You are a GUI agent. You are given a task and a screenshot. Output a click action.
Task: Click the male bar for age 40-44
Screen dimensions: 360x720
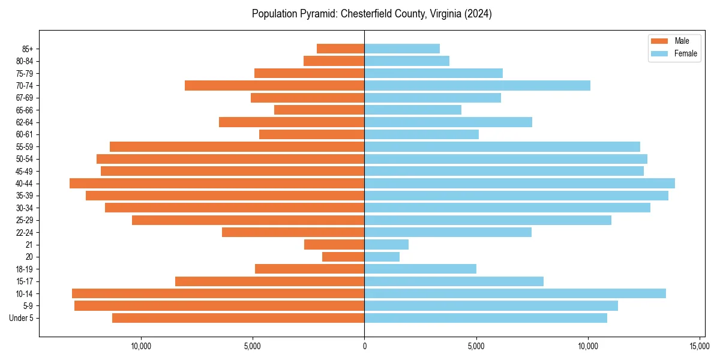(x=217, y=184)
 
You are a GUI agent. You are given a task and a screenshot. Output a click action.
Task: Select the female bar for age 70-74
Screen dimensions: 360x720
(x=477, y=85)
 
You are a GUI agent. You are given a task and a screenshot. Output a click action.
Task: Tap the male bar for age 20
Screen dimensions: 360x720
(x=343, y=257)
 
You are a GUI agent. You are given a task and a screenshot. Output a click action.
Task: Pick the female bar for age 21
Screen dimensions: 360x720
(x=386, y=245)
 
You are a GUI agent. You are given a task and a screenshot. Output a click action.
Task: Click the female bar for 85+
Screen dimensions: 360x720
(x=402, y=49)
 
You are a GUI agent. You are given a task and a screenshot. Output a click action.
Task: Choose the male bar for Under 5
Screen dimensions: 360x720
(x=238, y=318)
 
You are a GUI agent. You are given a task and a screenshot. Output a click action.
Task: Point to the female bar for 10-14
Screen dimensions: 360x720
(x=515, y=293)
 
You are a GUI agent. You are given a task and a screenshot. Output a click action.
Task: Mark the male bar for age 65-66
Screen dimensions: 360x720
(x=319, y=110)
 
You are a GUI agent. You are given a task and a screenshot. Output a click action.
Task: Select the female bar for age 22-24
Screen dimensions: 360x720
(x=448, y=232)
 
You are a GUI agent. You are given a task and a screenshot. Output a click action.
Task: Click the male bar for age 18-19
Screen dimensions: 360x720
(x=310, y=269)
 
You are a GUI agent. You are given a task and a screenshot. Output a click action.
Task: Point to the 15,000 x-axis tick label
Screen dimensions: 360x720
(x=700, y=346)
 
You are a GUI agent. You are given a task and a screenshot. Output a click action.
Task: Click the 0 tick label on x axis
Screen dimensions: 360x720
(x=364, y=346)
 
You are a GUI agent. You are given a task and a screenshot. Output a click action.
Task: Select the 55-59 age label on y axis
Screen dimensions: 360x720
(x=25, y=147)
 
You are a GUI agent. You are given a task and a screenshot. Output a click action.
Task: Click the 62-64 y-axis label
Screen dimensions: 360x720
(x=25, y=122)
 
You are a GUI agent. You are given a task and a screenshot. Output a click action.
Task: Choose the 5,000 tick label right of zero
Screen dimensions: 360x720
(x=476, y=346)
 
